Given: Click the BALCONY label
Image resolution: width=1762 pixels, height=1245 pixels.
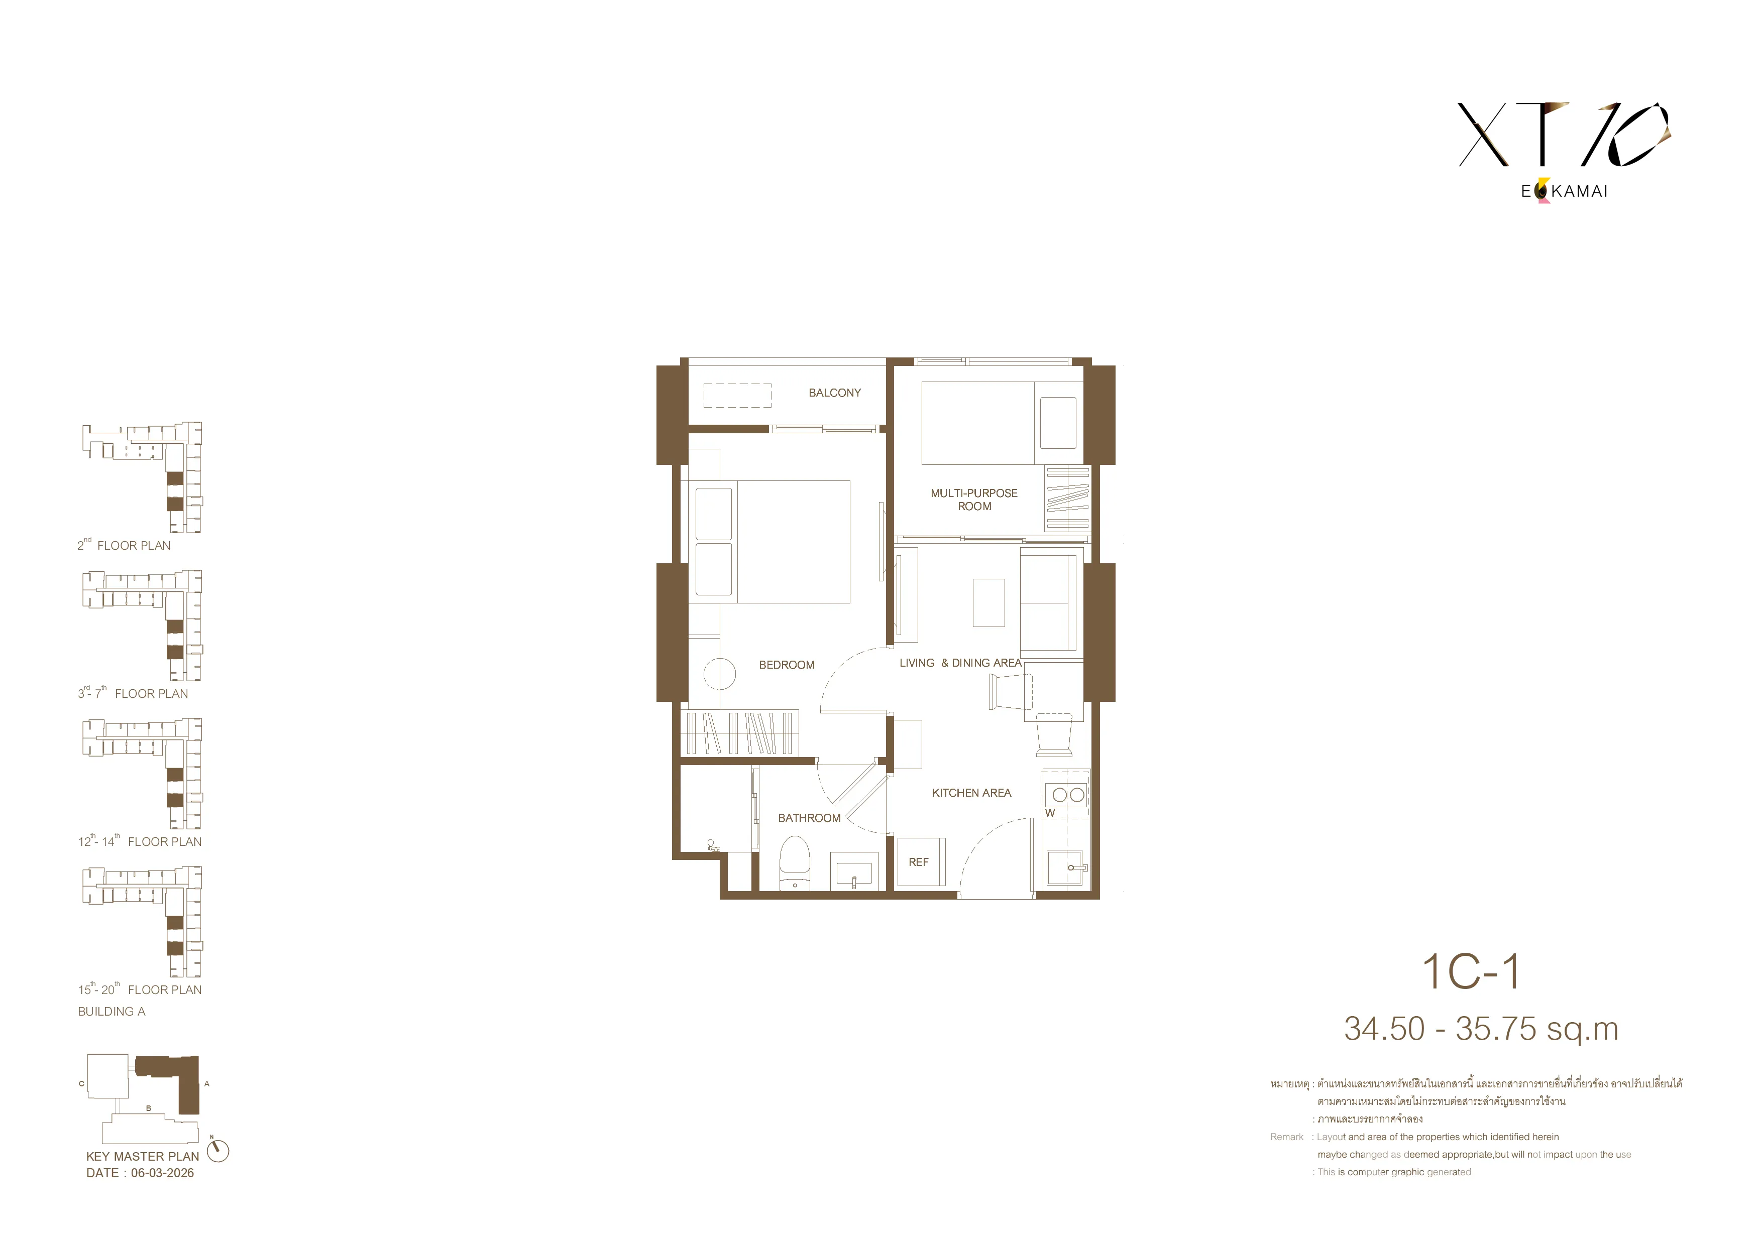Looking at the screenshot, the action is point(834,393).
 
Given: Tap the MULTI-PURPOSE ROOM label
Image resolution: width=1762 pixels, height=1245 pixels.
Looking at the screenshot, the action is point(974,500).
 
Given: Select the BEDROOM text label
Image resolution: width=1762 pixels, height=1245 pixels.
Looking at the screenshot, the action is point(787,665).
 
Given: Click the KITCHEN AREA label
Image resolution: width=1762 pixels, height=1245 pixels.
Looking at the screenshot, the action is point(971,793).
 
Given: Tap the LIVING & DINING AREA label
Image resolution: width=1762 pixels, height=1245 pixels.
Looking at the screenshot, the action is point(960,663).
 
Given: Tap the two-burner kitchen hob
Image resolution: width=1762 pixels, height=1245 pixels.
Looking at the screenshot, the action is point(1068,795).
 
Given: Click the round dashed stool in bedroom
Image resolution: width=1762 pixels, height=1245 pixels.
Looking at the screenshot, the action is point(720,674).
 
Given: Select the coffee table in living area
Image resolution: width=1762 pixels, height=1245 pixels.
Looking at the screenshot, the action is point(988,603).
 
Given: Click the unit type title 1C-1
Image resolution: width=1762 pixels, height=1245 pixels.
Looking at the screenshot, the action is point(1470,972).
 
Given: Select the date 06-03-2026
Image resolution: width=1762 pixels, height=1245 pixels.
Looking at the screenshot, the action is point(163,1173).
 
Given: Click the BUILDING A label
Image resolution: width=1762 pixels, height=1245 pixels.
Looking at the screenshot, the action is point(112,1012).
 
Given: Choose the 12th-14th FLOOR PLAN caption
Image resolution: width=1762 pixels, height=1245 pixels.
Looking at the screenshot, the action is point(140,841).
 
